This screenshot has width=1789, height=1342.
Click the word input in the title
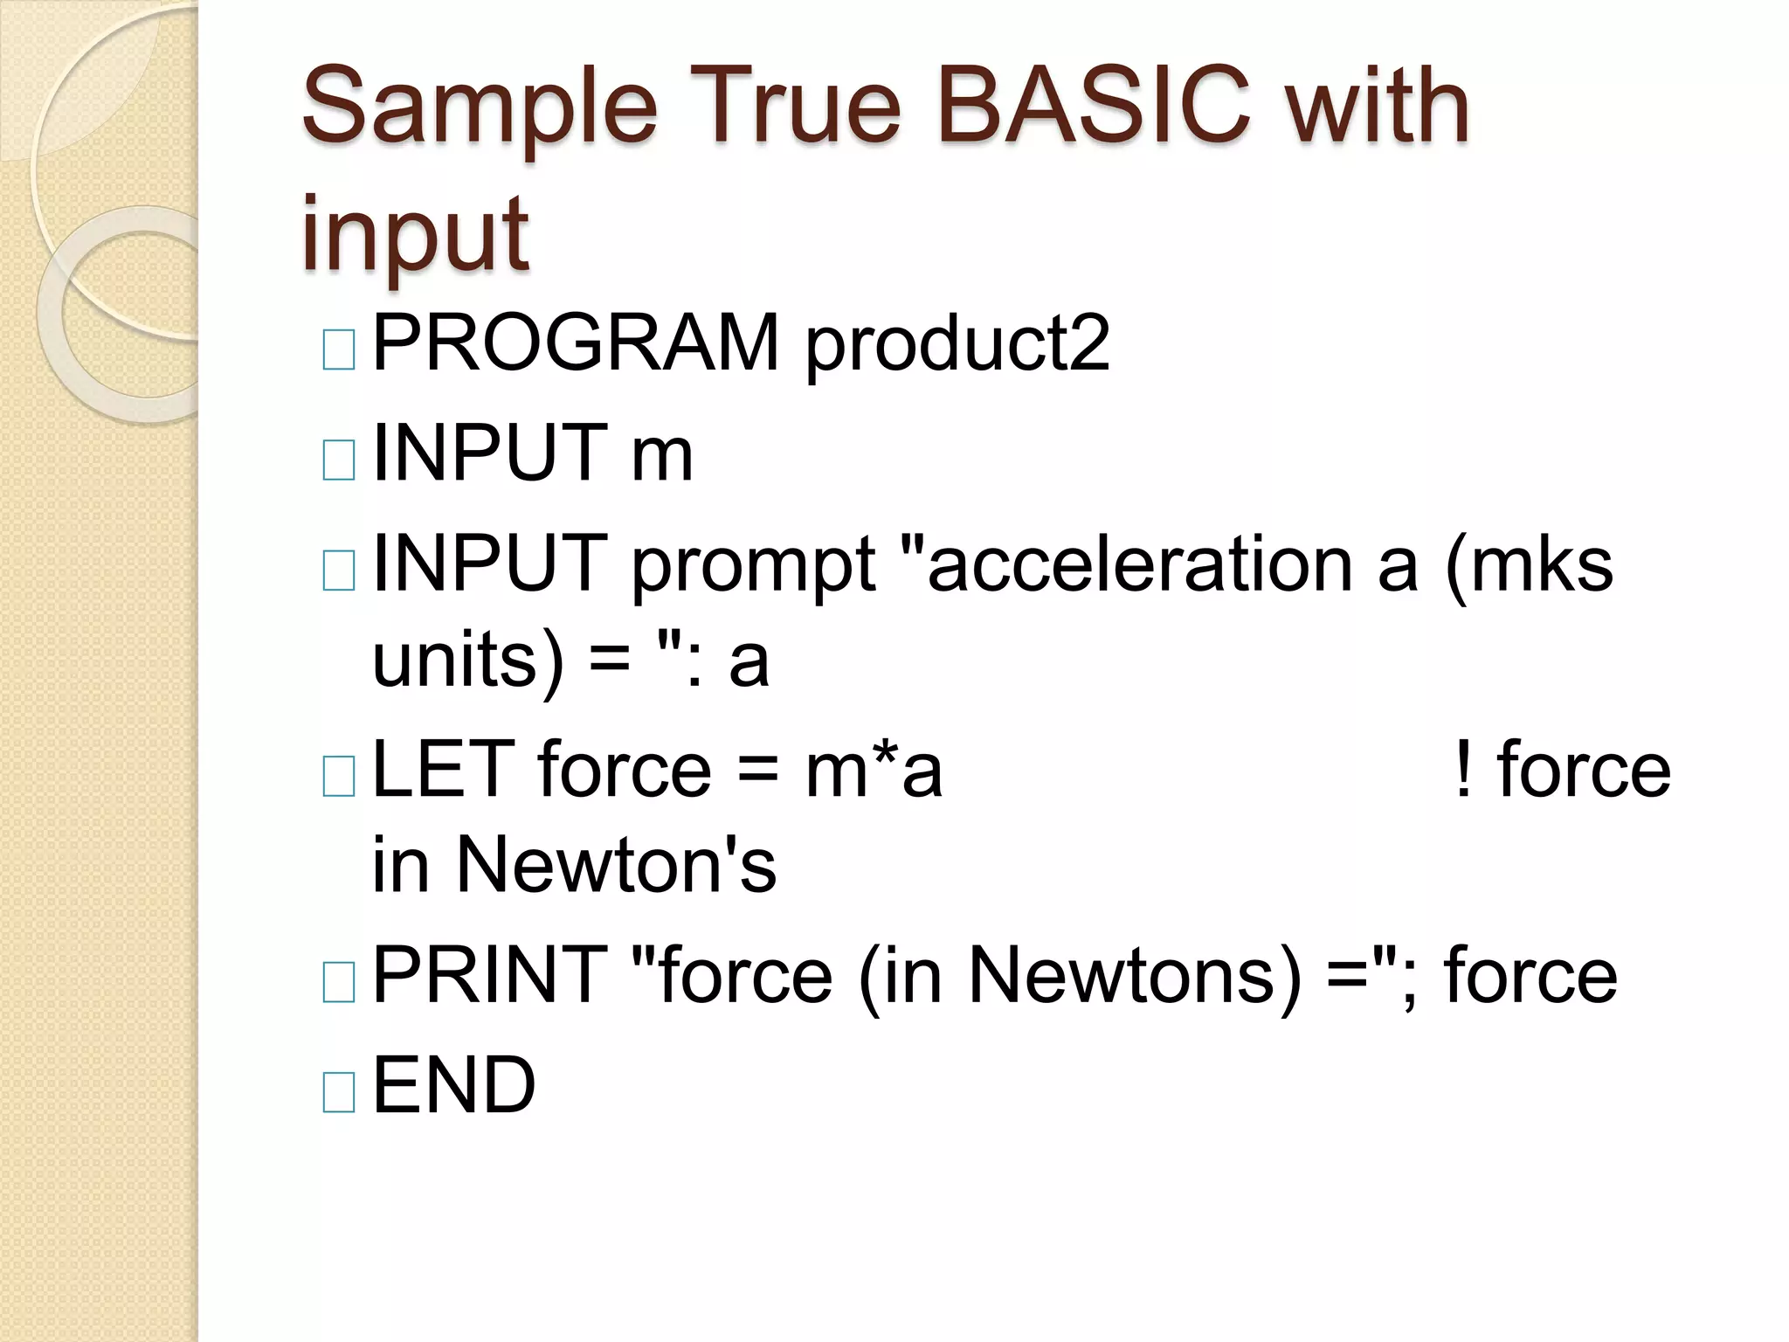[415, 234]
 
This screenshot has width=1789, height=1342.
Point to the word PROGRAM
[576, 343]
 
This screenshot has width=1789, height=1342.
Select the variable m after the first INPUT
[662, 453]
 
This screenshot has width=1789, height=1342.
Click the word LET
[444, 770]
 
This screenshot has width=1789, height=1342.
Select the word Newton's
[617, 865]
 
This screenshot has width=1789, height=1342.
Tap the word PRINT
[490, 975]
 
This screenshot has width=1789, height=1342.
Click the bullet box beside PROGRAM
[339, 349]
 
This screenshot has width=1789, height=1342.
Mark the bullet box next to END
[339, 1092]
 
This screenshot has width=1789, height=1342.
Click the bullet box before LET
[339, 776]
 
